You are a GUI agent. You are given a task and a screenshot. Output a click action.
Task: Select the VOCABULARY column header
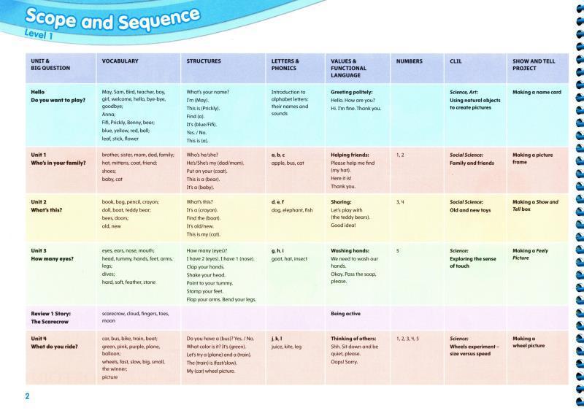point(120,61)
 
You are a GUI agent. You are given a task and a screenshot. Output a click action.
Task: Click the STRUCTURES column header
point(204,61)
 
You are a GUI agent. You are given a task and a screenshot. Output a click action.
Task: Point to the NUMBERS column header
point(409,61)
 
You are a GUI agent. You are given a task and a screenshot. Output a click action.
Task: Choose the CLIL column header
point(456,61)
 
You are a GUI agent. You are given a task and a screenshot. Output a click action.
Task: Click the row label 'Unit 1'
point(39,155)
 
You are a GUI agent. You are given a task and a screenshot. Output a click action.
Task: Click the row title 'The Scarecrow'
point(49,320)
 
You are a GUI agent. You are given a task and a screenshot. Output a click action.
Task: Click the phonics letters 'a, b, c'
point(278,155)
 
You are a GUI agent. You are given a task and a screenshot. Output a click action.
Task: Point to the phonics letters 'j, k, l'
point(276,339)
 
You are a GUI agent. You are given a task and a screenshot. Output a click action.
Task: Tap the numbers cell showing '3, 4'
point(401,201)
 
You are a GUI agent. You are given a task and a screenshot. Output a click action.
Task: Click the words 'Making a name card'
point(537,93)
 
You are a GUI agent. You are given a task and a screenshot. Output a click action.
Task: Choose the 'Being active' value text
point(345,313)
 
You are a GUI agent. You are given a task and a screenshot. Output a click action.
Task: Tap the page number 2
point(27,396)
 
